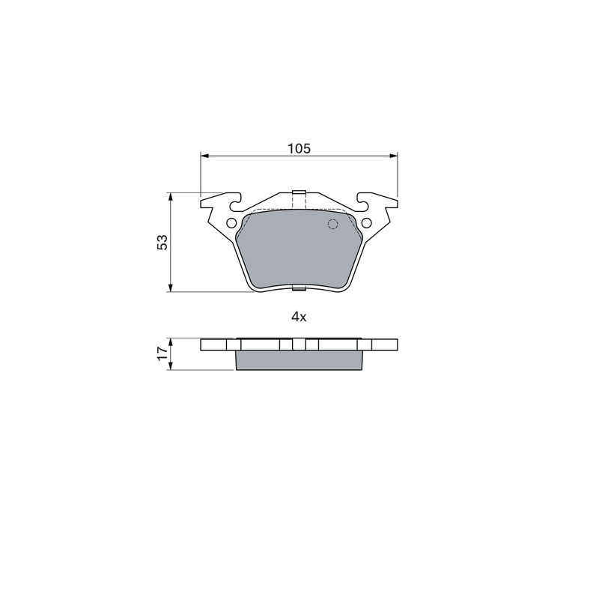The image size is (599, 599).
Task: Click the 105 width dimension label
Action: [299, 148]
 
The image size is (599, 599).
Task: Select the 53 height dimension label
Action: [162, 242]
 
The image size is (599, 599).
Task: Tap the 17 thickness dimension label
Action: [162, 353]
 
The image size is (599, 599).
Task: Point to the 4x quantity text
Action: [299, 317]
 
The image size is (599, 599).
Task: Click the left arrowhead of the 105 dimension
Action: [204, 156]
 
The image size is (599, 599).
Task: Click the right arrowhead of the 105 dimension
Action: [393, 156]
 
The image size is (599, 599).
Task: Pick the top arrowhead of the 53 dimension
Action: [171, 197]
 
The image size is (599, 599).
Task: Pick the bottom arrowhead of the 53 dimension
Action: [171, 288]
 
